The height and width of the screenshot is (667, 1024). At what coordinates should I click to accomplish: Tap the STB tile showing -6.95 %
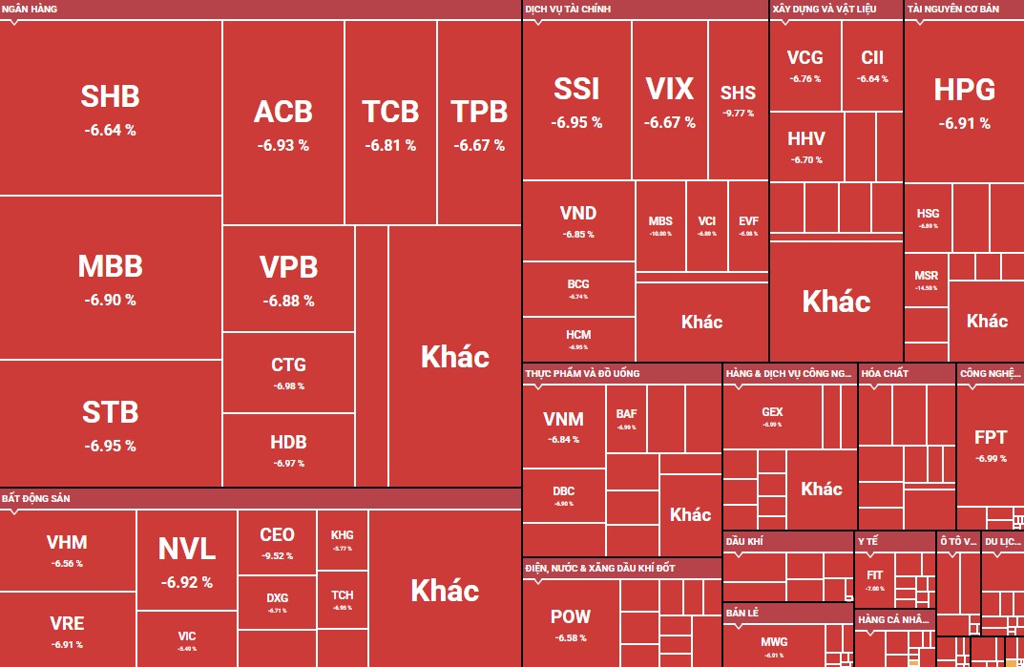coord(110,425)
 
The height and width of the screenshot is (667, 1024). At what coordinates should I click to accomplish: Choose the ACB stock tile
coord(282,124)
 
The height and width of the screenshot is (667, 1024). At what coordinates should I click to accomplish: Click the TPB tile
coord(479,124)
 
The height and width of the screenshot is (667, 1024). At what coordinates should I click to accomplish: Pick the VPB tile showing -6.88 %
coord(288,280)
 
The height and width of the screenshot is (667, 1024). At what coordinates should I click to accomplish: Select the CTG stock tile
coord(288,373)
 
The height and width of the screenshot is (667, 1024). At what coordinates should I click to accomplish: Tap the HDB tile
coord(288,450)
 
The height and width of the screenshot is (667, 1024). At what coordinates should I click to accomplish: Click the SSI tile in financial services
coord(576,101)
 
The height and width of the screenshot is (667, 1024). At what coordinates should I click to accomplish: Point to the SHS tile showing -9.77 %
coord(738,99)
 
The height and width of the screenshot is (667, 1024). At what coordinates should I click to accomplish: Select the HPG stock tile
coord(964,101)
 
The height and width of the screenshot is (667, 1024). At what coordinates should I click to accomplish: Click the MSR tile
coord(926,281)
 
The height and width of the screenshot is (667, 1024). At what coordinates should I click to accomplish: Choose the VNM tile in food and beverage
coord(563,427)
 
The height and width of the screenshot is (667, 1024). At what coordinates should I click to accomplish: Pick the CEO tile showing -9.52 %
coord(277,542)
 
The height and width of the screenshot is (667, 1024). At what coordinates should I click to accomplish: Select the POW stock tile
coord(571,624)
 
